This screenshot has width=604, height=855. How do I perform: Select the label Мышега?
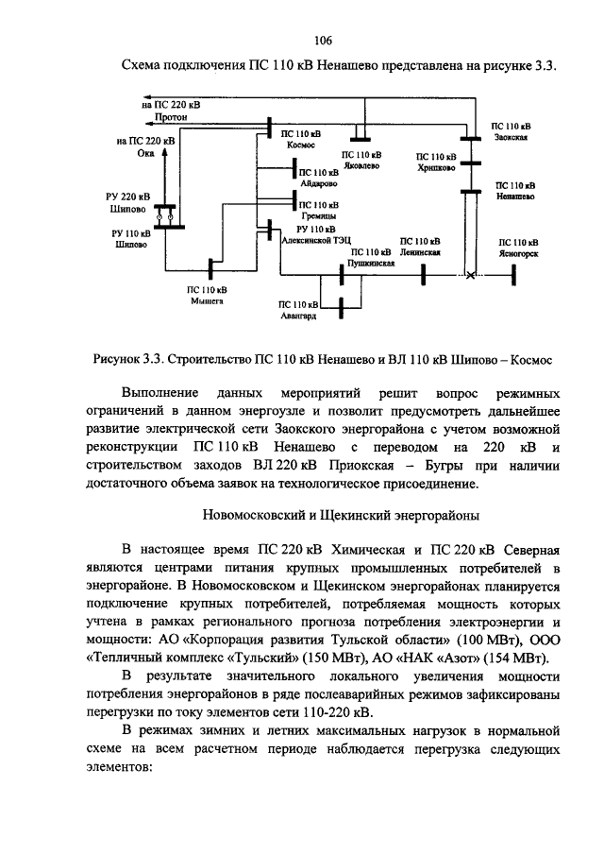[207, 299]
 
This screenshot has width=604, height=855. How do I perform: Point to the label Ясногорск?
[518, 253]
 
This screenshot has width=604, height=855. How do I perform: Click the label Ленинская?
[420, 253]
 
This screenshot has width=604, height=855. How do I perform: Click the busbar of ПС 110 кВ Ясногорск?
[512, 276]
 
